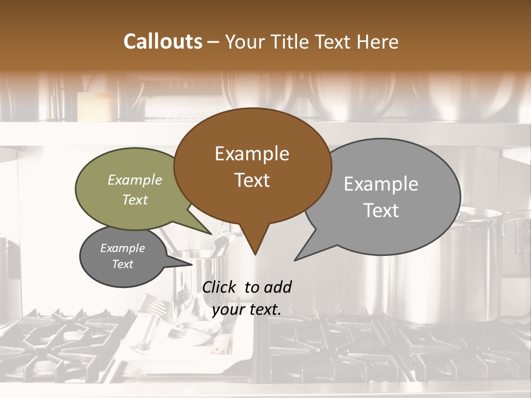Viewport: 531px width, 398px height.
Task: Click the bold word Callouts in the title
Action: click(163, 41)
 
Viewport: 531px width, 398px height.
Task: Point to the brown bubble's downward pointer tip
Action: click(255, 254)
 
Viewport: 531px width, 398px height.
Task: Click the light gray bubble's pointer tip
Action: click(295, 259)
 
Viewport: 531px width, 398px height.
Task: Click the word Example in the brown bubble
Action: click(252, 154)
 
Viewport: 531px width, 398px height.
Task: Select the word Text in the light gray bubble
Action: click(381, 211)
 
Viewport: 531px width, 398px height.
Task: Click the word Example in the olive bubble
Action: click(135, 180)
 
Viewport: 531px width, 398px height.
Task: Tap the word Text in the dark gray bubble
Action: click(123, 264)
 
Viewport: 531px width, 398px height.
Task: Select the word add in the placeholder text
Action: click(278, 287)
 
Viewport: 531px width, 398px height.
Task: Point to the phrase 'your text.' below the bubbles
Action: click(247, 310)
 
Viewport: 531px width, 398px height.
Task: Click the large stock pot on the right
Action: click(481, 265)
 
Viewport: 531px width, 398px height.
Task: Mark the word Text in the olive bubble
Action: click(135, 200)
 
